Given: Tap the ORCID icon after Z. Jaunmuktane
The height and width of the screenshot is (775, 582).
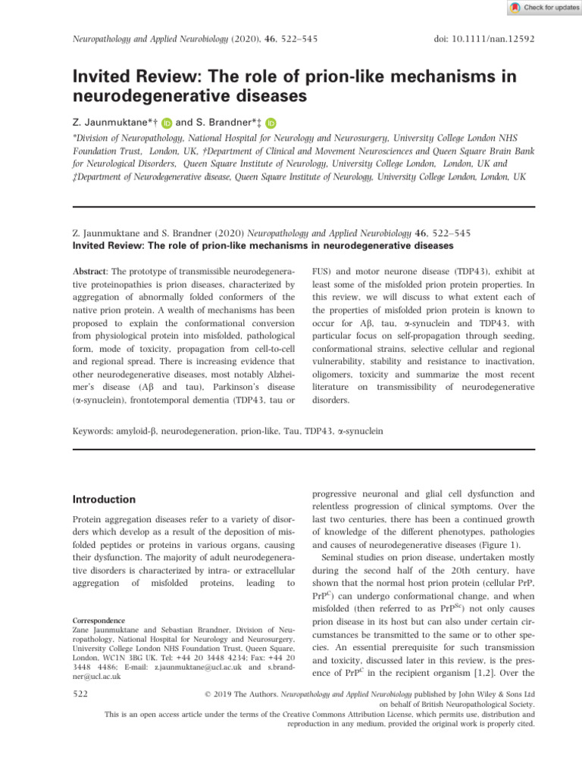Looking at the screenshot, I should (x=167, y=123).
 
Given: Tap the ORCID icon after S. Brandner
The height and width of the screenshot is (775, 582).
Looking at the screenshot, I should (x=271, y=123).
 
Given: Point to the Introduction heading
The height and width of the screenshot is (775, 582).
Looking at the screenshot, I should (x=104, y=500).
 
